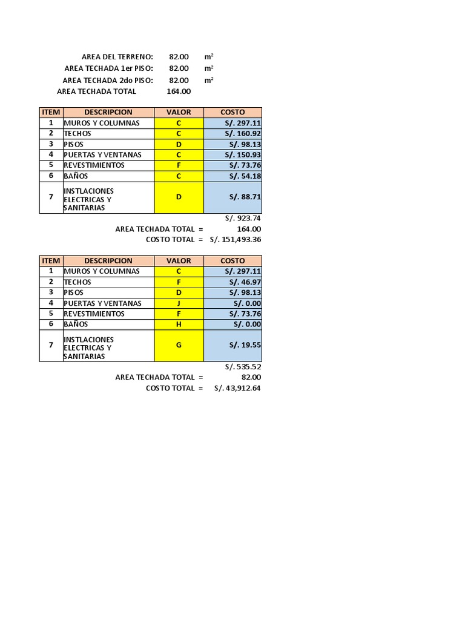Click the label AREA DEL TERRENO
117,56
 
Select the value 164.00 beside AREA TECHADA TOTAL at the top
179,91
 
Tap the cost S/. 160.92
245,133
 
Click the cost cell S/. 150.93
245,154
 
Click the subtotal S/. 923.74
243,218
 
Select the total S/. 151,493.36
236,239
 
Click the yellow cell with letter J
179,303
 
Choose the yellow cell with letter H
179,324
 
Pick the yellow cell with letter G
179,345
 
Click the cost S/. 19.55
245,345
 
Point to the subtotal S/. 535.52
243,366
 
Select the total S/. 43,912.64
237,388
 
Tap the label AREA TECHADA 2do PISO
108,80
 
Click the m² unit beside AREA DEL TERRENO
209,56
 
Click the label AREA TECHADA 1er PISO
108,68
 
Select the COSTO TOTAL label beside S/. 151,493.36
174,239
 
